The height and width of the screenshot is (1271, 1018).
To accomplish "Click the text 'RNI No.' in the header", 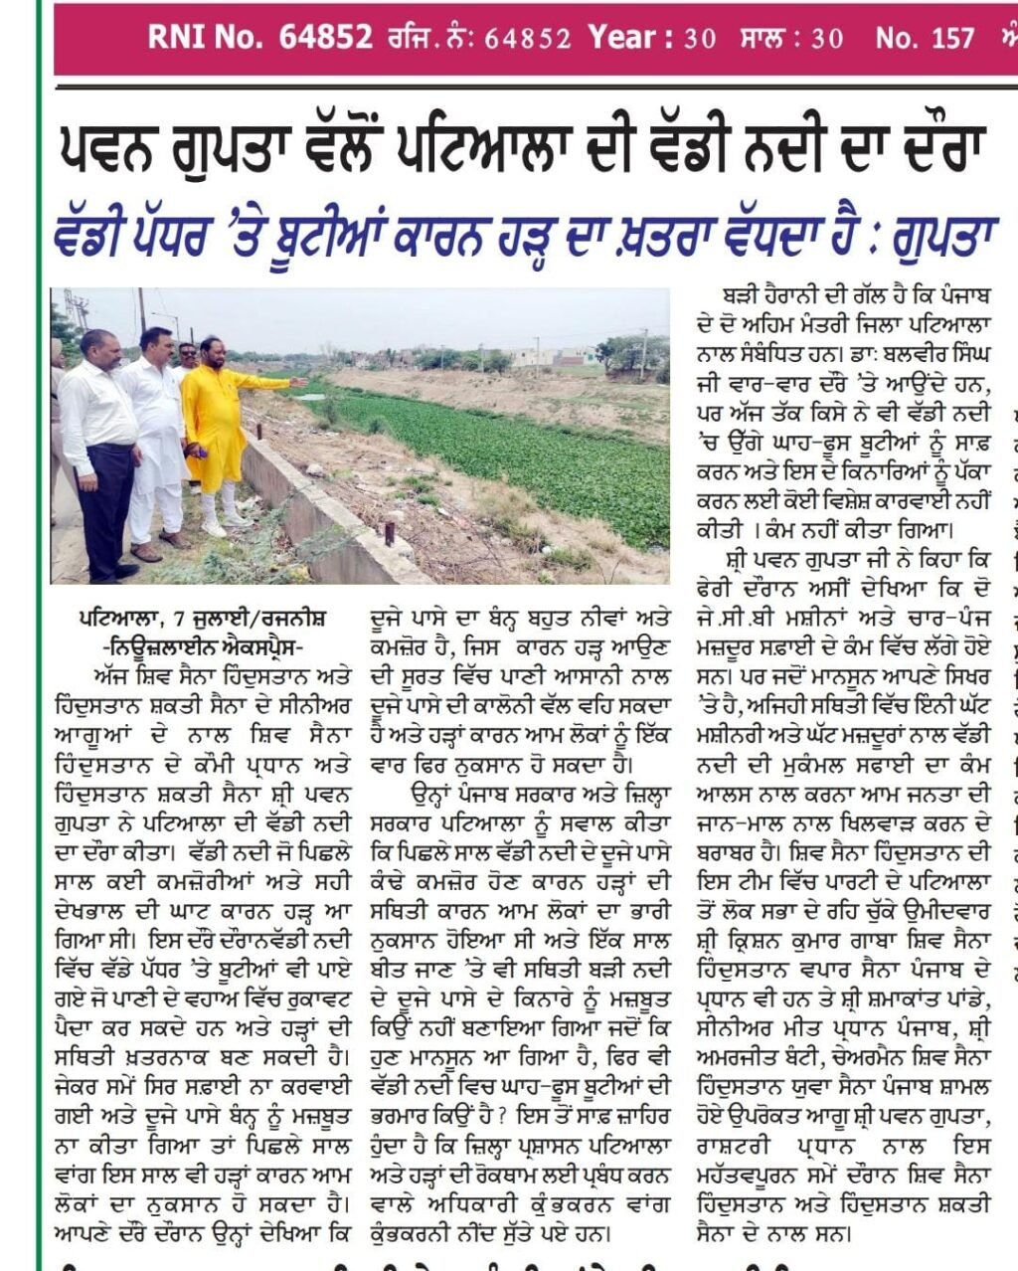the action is tap(205, 38).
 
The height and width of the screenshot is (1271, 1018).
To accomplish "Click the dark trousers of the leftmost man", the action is tap(106, 517).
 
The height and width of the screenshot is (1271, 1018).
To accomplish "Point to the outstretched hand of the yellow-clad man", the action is tap(298, 382).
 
